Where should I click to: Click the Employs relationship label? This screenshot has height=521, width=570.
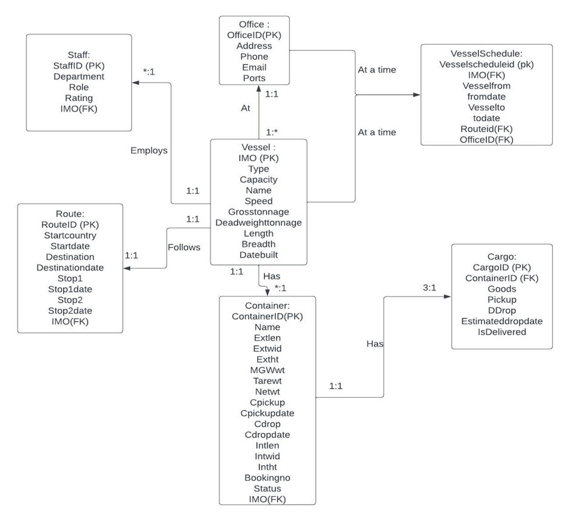pyautogui.click(x=149, y=150)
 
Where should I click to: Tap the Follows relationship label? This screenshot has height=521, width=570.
pyautogui.click(x=184, y=247)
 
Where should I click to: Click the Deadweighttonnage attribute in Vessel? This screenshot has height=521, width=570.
pyautogui.click(x=258, y=223)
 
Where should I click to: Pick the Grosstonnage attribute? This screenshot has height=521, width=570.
pyautogui.click(x=258, y=212)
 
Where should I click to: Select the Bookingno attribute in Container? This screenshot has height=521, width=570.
pyautogui.click(x=267, y=478)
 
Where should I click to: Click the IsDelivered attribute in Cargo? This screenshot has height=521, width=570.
pyautogui.click(x=501, y=332)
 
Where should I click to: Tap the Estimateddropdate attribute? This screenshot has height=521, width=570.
pyautogui.click(x=501, y=321)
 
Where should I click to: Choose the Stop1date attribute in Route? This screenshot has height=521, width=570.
pyautogui.click(x=70, y=289)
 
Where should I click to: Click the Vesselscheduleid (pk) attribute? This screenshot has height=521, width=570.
pyautogui.click(x=487, y=64)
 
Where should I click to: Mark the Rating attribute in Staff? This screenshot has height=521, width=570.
pyautogui.click(x=79, y=98)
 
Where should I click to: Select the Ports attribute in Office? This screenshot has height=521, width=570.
pyautogui.click(x=254, y=78)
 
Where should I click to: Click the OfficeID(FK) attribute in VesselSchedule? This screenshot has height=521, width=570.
pyautogui.click(x=487, y=139)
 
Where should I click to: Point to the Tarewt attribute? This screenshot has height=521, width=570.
pyautogui.click(x=267, y=381)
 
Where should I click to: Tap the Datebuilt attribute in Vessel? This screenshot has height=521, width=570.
pyautogui.click(x=258, y=255)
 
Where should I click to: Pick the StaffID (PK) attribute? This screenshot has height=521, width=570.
pyautogui.click(x=79, y=66)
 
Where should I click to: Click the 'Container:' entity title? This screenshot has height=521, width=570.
pyautogui.click(x=267, y=306)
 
